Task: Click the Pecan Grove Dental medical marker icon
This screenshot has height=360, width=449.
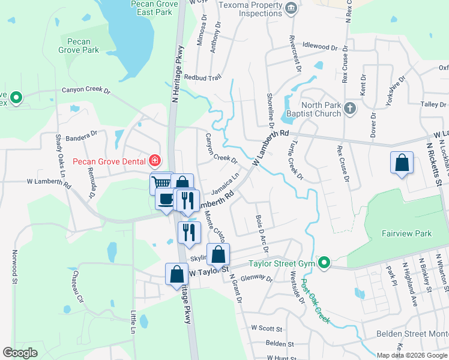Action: pyautogui.click(x=155, y=161)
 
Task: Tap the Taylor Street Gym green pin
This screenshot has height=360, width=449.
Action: pyautogui.click(x=324, y=263)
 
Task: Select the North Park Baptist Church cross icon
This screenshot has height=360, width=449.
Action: pyautogui.click(x=351, y=109)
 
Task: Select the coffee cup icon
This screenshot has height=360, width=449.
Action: pyautogui.click(x=166, y=200)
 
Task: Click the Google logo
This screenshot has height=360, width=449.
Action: pyautogui.click(x=20, y=353)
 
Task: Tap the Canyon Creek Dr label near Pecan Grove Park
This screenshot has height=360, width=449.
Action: pyautogui.click(x=86, y=91)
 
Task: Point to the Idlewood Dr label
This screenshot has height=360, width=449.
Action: pyautogui.click(x=325, y=46)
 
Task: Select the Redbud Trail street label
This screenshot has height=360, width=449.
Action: pyautogui.click(x=203, y=77)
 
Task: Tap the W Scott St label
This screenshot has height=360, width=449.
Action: pyautogui.click(x=267, y=328)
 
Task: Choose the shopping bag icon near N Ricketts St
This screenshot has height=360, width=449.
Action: pyautogui.click(x=402, y=163)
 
